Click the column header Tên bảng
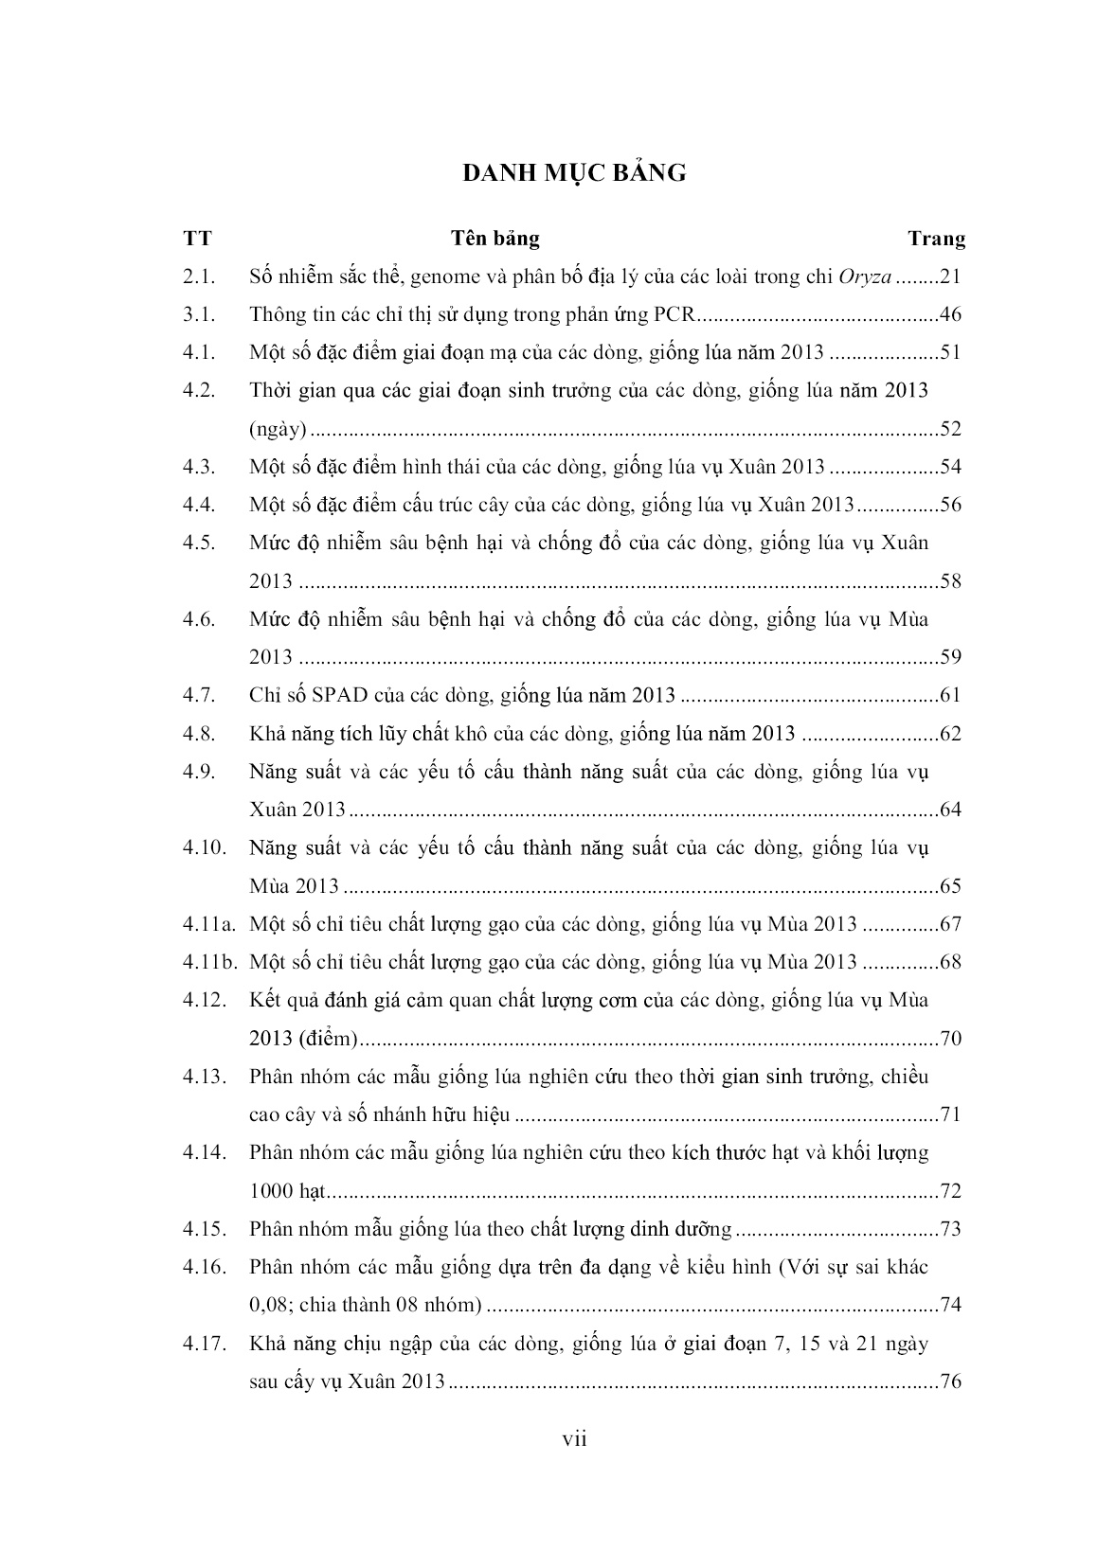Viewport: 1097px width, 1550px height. pos(495,238)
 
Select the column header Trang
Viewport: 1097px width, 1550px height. pos(936,239)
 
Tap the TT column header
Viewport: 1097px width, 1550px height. pos(198,239)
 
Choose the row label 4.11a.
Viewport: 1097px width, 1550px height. pos(208,924)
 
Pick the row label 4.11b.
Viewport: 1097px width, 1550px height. pos(209,962)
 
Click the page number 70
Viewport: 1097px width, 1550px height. pos(950,1039)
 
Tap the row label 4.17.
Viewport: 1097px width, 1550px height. pos(204,1344)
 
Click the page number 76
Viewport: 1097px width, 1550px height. pos(950,1381)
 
